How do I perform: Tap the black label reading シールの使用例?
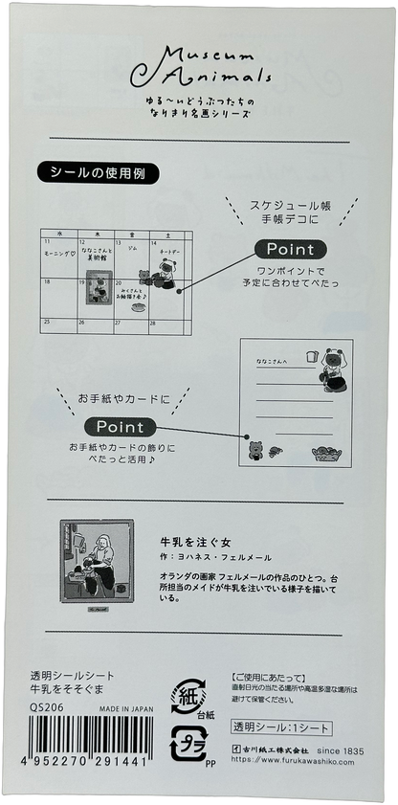coord(97,173)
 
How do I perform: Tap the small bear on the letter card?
coord(255,450)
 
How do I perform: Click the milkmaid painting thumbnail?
coord(100,568)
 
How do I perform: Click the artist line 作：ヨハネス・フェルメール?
coord(215,557)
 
